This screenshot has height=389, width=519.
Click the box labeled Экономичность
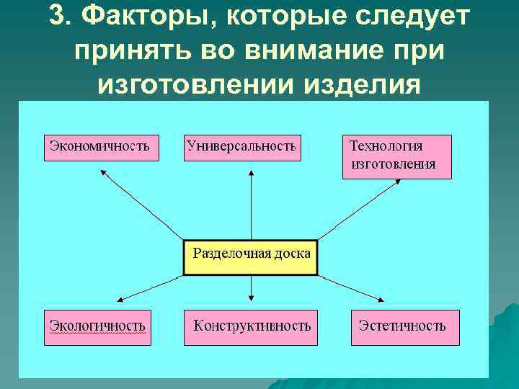click(102, 146)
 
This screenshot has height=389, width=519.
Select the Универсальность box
click(241, 146)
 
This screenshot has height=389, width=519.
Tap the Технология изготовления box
click(396, 156)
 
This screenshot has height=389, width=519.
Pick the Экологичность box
click(98, 325)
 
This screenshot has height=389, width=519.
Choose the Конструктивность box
click(252, 326)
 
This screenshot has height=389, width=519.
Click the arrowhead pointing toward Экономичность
click(102, 172)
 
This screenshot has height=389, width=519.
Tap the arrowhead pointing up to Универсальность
click(251, 172)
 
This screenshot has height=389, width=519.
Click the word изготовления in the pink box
click(394, 164)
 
